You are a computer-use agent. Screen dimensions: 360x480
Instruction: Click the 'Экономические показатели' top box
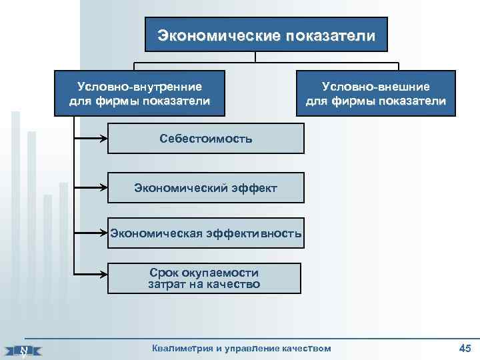(266, 34)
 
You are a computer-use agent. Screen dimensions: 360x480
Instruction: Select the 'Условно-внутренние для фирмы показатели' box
(139, 93)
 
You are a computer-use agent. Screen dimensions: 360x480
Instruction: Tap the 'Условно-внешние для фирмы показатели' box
(376, 94)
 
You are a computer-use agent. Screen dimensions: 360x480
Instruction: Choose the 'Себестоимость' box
(206, 139)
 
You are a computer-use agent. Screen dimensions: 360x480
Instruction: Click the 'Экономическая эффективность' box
(206, 233)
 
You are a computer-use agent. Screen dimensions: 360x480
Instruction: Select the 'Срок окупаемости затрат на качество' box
(204, 278)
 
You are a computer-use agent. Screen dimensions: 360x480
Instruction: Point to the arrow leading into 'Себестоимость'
(93, 139)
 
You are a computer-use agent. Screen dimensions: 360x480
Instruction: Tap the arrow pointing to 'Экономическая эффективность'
(93, 233)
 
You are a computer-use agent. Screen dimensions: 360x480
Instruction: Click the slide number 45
(465, 347)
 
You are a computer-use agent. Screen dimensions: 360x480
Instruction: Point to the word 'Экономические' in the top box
(219, 34)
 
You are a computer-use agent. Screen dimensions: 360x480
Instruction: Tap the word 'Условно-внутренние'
(139, 86)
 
